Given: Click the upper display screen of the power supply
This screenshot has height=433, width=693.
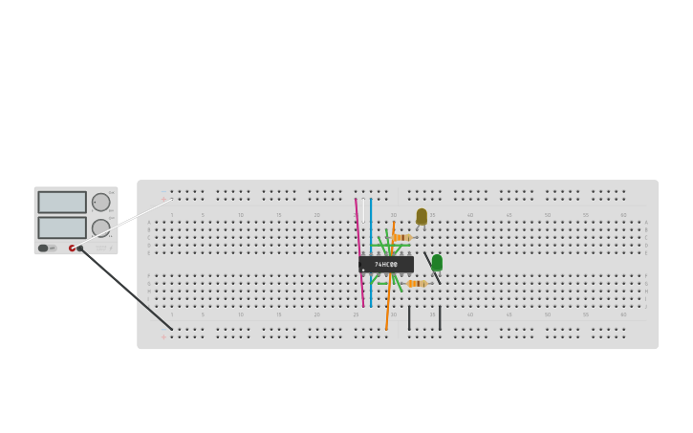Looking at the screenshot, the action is tap(62, 202).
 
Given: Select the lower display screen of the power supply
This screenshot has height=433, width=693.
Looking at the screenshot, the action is tap(62, 227).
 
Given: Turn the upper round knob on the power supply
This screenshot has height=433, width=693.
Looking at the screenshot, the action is tap(100, 202).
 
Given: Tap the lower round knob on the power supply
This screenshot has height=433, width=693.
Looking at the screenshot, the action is tap(100, 227).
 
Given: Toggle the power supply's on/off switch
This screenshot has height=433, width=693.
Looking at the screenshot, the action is tap(44, 249).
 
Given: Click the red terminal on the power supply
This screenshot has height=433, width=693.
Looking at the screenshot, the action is tap(72, 249).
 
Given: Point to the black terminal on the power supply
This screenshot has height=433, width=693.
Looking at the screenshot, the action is tap(80, 249).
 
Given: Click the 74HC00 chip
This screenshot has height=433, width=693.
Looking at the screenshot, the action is tap(386, 264).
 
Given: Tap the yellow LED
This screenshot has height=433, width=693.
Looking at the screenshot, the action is tap(422, 216).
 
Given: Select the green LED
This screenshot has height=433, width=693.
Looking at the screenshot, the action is tap(437, 262).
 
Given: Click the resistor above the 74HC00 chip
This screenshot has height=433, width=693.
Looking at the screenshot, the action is tap(402, 237).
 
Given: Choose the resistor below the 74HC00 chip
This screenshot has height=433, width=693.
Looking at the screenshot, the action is tap(417, 284).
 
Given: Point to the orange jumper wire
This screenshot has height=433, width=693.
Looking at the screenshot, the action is tap(388, 306).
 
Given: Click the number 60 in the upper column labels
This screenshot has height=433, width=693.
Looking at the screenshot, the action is tap(623, 215).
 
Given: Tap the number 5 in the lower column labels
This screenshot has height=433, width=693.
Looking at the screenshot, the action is tap(203, 314).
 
